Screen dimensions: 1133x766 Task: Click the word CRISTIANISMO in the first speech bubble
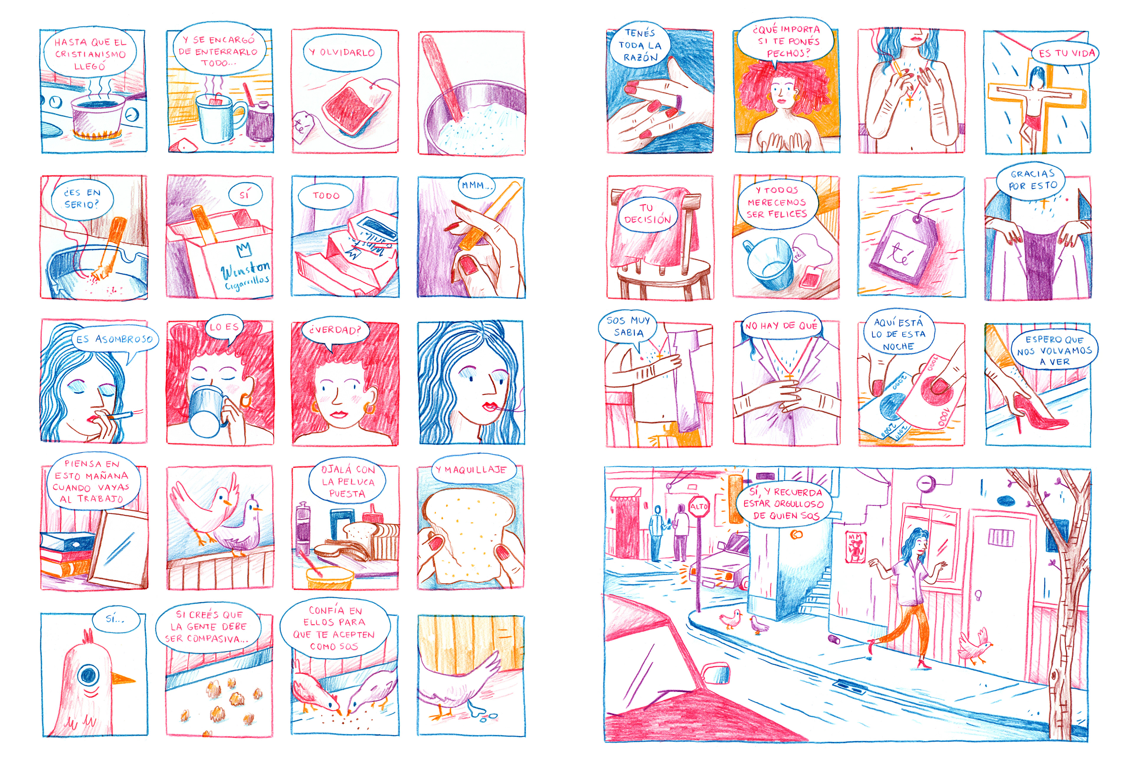[x=90, y=54]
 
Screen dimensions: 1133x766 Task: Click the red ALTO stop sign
[x=699, y=507]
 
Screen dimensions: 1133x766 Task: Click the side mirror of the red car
[x=716, y=674]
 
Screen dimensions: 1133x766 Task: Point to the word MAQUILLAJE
[x=475, y=470]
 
